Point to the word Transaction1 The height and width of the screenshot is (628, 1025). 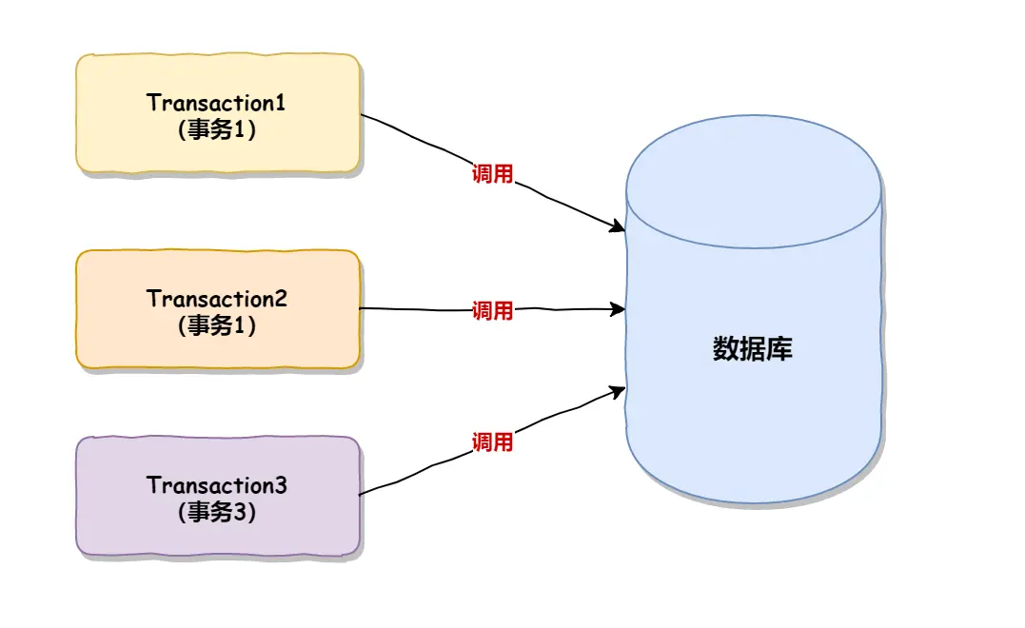217,103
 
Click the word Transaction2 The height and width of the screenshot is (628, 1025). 217,298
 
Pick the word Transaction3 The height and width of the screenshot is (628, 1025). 217,485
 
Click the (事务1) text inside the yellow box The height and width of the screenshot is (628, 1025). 217,130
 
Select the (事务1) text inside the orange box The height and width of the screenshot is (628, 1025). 217,325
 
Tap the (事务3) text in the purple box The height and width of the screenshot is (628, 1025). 217,513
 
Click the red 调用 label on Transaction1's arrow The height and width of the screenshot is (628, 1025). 492,174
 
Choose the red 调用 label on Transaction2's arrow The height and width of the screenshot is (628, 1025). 492,311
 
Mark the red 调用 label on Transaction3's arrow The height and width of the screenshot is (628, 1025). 492,442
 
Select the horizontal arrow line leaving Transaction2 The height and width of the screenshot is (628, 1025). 419,309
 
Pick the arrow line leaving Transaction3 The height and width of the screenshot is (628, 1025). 419,473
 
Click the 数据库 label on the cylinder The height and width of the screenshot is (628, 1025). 752,349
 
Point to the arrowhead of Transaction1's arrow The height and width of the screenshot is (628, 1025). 619,227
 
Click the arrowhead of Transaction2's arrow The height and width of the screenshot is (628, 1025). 619,308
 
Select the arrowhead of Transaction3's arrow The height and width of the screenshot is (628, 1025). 619,390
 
